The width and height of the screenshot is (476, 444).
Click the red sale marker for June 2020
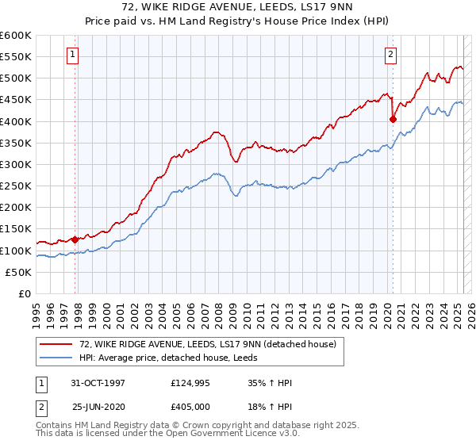[393, 119]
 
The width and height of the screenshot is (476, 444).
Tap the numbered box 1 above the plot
[72, 55]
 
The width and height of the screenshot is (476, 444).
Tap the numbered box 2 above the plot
[391, 55]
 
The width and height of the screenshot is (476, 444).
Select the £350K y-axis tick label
[16, 144]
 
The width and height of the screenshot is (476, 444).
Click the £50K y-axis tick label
[19, 272]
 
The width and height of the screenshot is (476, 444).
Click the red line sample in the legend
[56, 344]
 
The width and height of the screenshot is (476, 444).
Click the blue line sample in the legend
[56, 358]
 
